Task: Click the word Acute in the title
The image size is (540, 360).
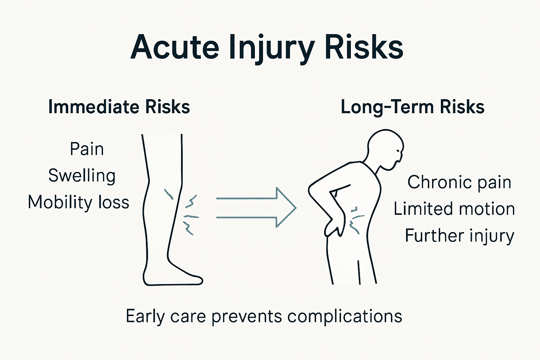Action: [x=175, y=47]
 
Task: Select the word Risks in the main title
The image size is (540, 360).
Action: [x=364, y=47]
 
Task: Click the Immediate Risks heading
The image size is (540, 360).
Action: [x=119, y=107]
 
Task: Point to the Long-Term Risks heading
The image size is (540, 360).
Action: [x=412, y=107]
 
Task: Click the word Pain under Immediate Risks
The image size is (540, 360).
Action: [x=87, y=149]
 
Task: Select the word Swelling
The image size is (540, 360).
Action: [x=82, y=176]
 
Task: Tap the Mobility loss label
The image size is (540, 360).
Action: [x=78, y=202]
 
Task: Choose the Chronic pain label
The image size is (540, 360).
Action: [x=459, y=182]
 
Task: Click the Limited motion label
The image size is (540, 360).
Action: [x=454, y=209]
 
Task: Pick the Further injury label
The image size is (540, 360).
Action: [x=459, y=236]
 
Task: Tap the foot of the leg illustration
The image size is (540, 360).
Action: [x=176, y=278]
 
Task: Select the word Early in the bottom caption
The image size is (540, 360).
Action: [x=145, y=316]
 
